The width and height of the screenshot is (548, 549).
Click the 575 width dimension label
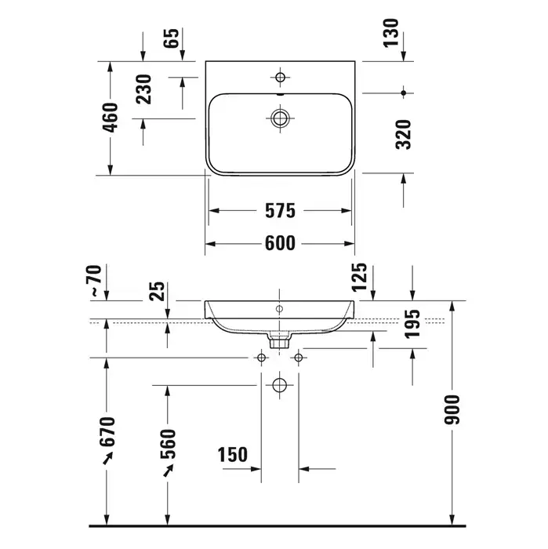click(280, 211)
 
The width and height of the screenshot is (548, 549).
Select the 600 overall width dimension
click(280, 243)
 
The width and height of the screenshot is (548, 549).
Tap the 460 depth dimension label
click(111, 118)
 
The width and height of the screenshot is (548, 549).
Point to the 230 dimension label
click(143, 89)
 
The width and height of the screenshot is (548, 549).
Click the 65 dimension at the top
click(172, 38)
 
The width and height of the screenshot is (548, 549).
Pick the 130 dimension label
click(391, 33)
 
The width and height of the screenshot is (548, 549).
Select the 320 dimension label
click(404, 135)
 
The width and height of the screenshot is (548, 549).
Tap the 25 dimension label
click(157, 291)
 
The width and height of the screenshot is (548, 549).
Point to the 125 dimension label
click(359, 278)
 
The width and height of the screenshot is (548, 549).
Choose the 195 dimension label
click(412, 324)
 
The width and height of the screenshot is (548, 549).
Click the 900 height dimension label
click(452, 410)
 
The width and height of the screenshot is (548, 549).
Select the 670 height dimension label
click(107, 432)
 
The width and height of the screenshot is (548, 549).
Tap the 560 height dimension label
click(168, 445)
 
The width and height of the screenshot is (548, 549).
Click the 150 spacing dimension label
click(233, 454)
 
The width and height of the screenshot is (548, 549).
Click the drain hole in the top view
click(280, 118)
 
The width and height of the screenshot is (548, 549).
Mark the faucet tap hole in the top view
click(280, 77)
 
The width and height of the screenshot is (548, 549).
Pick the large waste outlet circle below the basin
click(279, 386)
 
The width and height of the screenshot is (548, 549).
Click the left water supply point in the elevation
click(261, 358)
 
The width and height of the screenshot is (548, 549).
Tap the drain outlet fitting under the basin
click(279, 340)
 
